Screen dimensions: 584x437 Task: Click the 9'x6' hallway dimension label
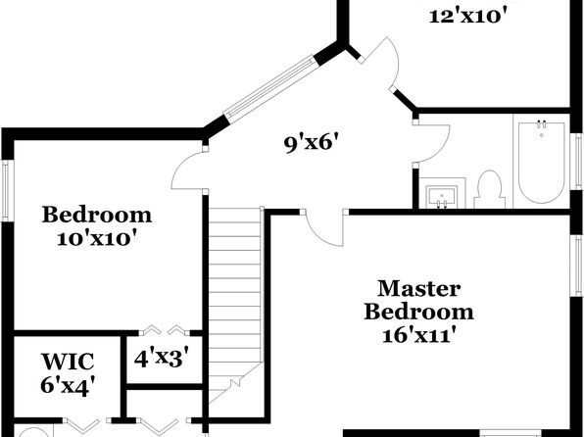(313, 144)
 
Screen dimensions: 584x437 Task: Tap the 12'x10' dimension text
(468, 17)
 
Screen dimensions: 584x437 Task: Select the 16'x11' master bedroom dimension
(419, 336)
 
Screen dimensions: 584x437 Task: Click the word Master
(419, 289)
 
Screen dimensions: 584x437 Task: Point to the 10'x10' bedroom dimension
(96, 238)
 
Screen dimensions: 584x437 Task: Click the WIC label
(68, 362)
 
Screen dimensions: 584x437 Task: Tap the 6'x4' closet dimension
(67, 385)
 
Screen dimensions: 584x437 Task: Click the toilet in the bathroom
(489, 190)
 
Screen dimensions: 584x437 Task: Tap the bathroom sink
(442, 195)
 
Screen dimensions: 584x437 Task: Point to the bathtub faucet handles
(541, 123)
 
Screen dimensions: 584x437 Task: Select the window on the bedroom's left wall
(6, 190)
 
